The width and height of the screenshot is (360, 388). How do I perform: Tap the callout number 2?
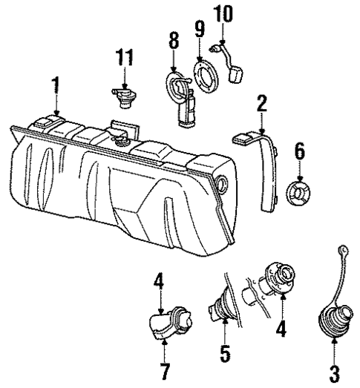tap(261, 103)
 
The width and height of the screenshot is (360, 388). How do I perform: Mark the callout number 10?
tap(223, 13)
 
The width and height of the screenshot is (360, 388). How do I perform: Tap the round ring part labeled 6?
tap(298, 194)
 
